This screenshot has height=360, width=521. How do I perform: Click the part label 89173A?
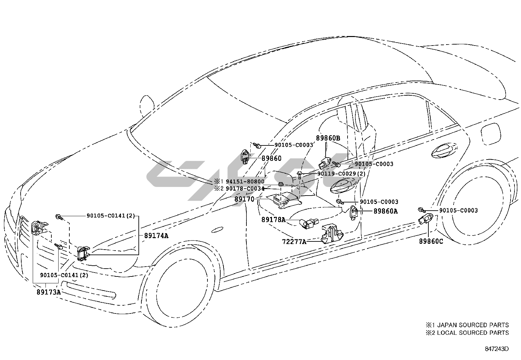point(48,292)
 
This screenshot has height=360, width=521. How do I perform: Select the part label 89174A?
point(156,235)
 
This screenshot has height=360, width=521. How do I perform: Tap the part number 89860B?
point(328,138)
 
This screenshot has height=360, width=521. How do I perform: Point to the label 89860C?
point(431,241)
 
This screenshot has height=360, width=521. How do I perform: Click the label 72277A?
point(294,242)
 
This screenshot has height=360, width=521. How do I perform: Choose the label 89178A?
point(273,219)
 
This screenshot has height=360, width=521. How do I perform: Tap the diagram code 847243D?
point(497,349)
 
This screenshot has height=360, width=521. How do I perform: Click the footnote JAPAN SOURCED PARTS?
point(471,325)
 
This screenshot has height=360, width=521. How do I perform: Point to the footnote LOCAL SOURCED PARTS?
point(471,333)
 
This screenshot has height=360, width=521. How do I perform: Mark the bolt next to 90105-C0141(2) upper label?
point(59,216)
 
